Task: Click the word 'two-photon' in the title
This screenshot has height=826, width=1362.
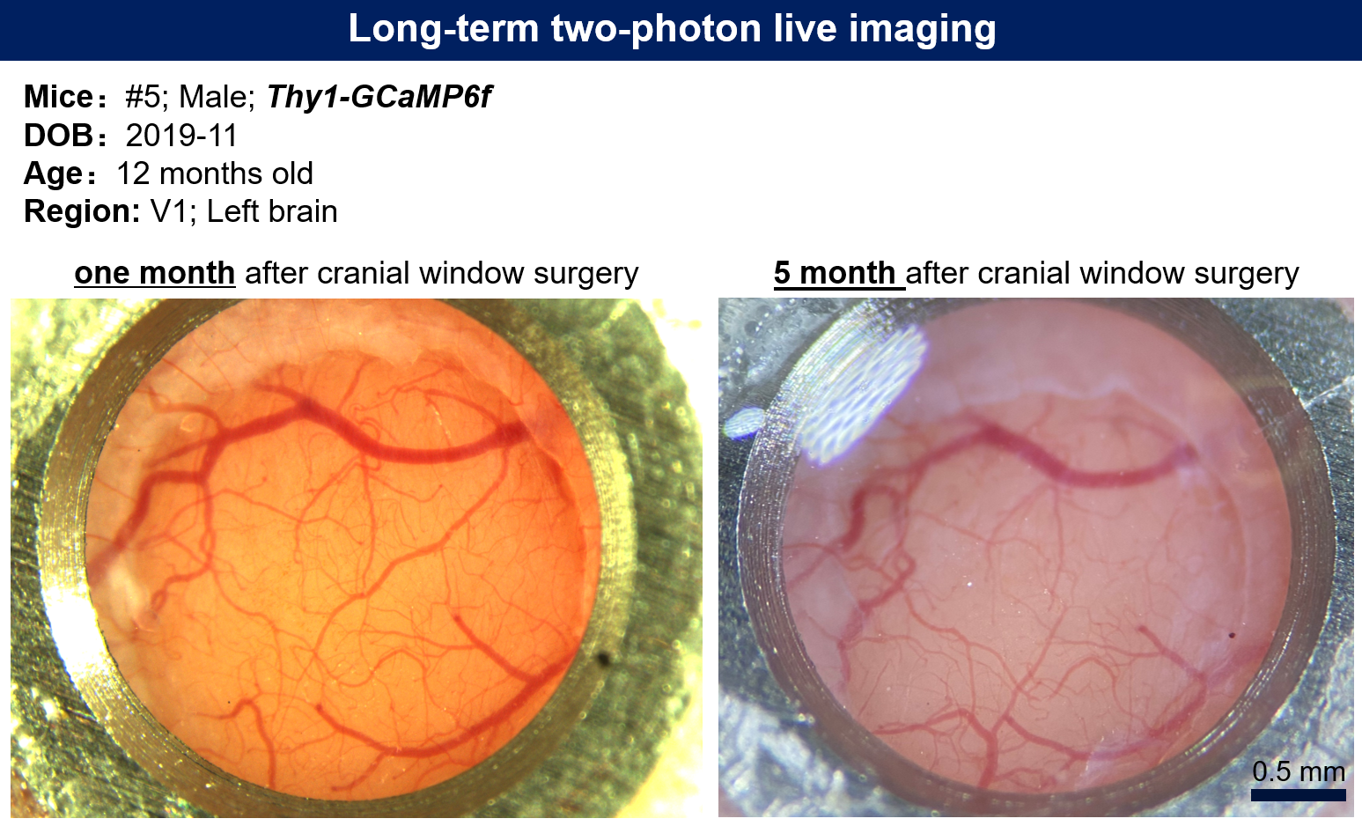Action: pyautogui.click(x=656, y=29)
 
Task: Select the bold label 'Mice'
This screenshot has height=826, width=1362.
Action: pyautogui.click(x=58, y=97)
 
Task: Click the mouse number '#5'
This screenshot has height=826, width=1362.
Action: pyautogui.click(x=143, y=97)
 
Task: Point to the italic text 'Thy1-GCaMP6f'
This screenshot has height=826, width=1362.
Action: pyautogui.click(x=379, y=98)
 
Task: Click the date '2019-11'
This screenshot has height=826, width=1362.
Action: pyautogui.click(x=181, y=135)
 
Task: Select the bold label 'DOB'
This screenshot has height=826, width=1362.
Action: pyautogui.click(x=58, y=135)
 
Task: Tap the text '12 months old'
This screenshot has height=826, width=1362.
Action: pyautogui.click(x=215, y=174)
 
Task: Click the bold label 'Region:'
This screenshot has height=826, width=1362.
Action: pyautogui.click(x=82, y=212)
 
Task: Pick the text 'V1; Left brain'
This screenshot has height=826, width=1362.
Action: pyautogui.click(x=244, y=211)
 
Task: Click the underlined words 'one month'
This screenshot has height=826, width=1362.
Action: pyautogui.click(x=154, y=273)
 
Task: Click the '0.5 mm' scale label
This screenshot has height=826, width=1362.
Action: pyautogui.click(x=1298, y=771)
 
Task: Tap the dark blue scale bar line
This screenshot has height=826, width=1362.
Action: pyautogui.click(x=1298, y=795)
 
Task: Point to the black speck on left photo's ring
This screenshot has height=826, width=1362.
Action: pyautogui.click(x=603, y=658)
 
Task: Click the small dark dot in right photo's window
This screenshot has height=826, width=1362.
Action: pyautogui.click(x=1232, y=636)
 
